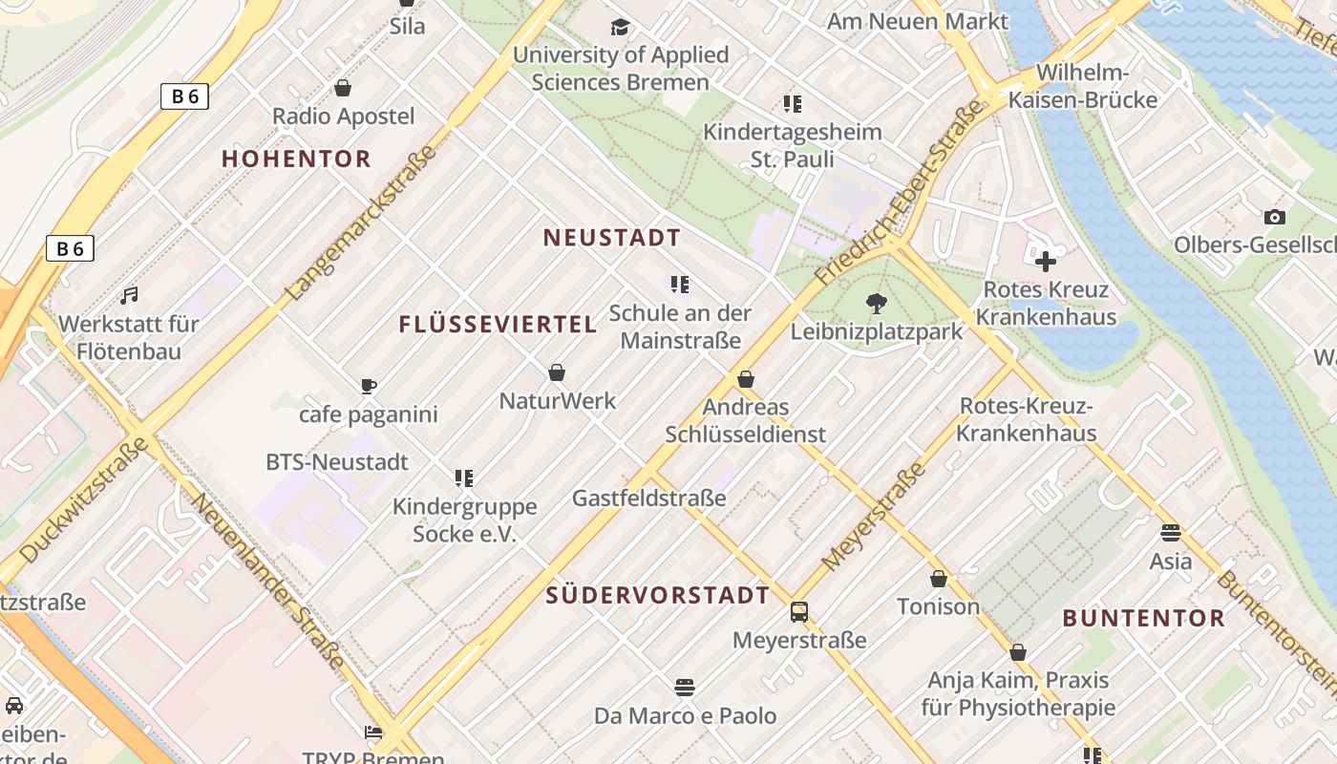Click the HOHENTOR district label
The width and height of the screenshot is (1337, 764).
296,159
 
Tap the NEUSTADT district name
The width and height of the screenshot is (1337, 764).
612,238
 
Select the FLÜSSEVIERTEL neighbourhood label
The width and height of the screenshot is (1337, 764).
498,325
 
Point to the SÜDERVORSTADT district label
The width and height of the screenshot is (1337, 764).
657,596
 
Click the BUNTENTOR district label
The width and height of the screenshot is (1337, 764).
1143,618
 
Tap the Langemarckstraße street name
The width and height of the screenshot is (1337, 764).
363,222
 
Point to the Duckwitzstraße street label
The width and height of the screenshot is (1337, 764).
84,499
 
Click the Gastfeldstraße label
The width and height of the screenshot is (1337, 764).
648,498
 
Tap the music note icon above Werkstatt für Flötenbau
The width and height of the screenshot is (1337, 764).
129,296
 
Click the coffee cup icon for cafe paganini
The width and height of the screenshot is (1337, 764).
369,386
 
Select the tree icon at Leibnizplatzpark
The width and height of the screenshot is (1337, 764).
876,304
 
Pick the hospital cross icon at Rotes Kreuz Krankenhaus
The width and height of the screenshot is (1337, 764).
1046,261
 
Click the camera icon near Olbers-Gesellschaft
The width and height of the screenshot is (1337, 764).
1274,218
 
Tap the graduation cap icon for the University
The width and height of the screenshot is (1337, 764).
621,27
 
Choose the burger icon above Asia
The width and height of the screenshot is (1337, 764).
1171,533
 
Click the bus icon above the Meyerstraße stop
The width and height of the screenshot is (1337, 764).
799,612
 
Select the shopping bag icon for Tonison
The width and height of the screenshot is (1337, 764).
939,579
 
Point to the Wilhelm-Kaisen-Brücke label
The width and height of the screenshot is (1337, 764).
1083,86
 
